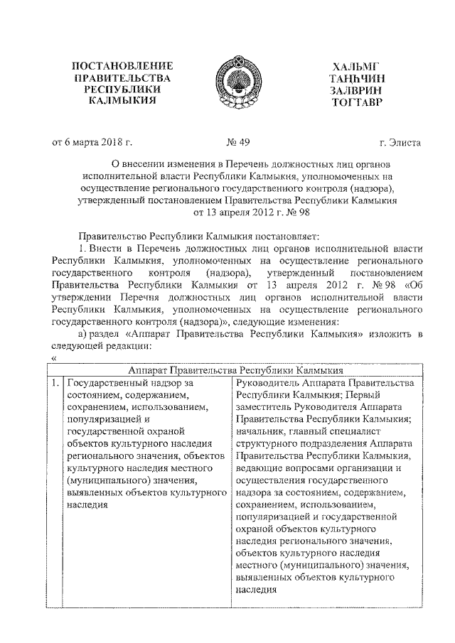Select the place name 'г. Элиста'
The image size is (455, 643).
[400, 143]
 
